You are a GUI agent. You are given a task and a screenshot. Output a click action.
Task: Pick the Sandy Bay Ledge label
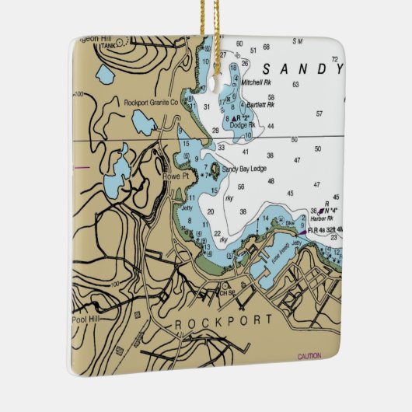coord(244,168)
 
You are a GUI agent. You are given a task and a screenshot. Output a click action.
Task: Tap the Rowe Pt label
coord(170,176)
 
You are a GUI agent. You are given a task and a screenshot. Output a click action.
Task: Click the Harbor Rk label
coord(319,218)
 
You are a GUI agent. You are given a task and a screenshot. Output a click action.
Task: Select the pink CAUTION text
coord(309,356)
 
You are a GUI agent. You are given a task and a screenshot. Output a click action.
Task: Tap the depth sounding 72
coord(335,59)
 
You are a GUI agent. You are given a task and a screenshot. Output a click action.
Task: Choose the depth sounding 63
coord(295,84)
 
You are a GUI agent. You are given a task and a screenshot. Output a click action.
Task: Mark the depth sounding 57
coord(319,113)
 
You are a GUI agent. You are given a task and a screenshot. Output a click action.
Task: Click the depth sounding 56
coord(241,187)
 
